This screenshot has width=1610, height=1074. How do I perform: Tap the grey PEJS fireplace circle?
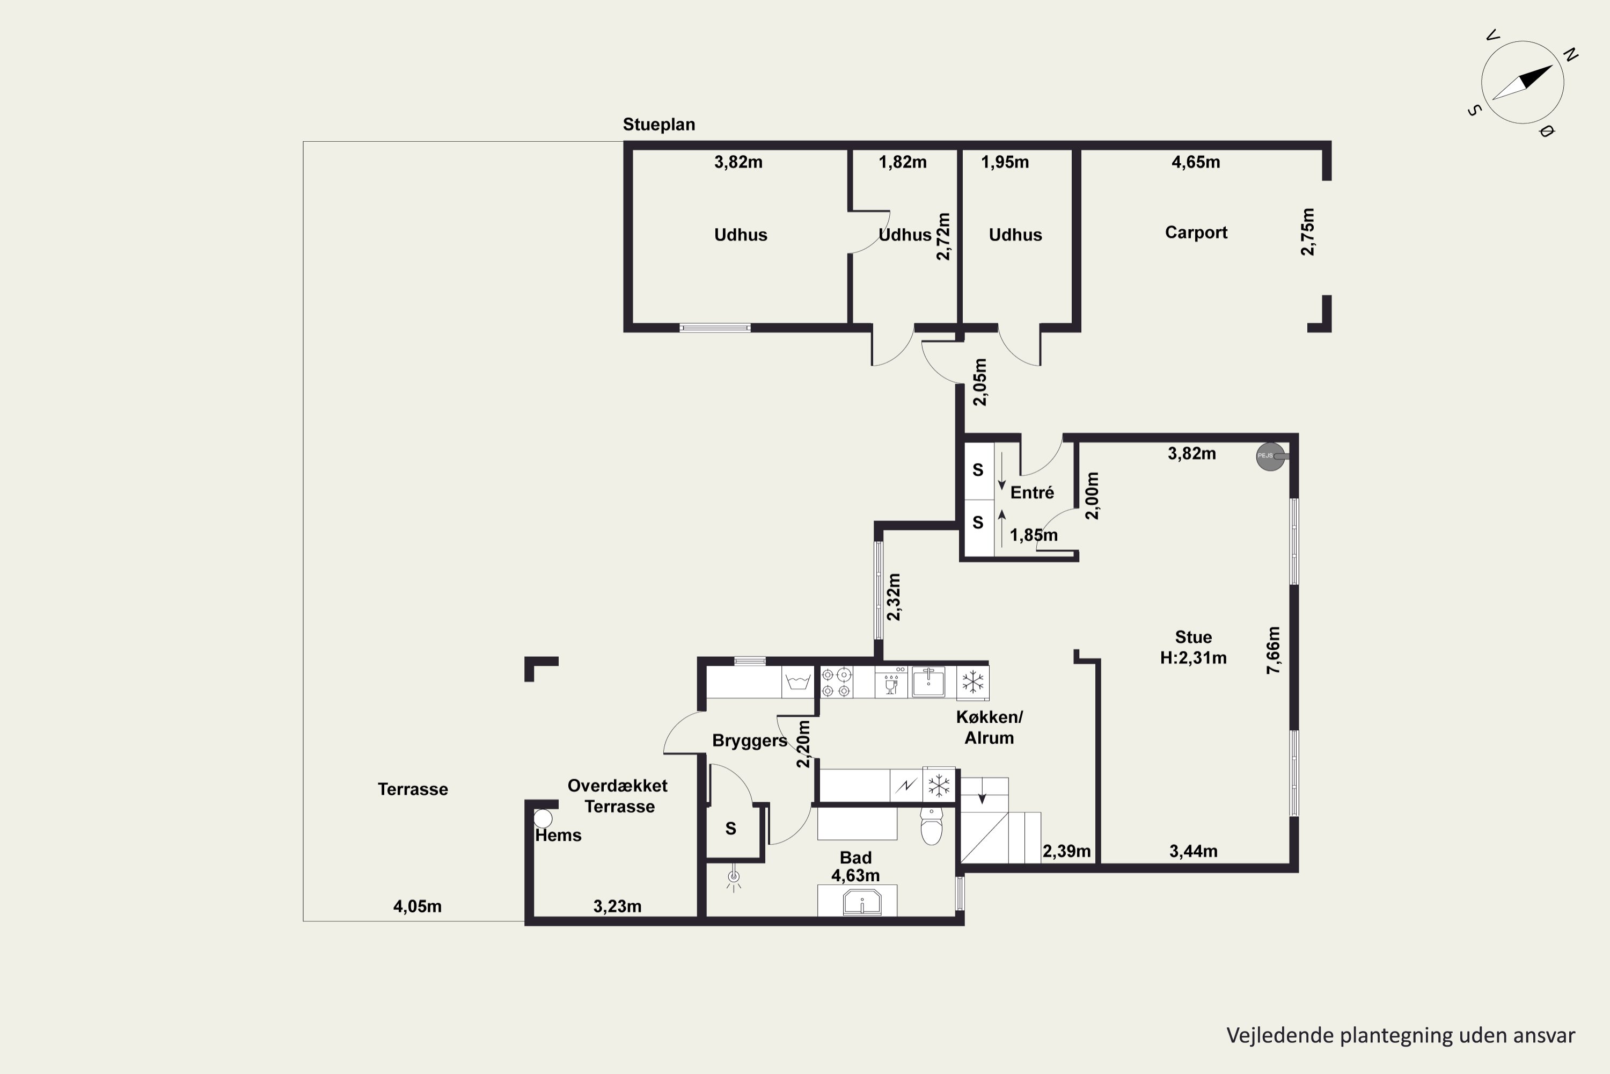pyautogui.click(x=1270, y=456)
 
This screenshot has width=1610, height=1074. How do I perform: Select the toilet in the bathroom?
pyautogui.click(x=931, y=825)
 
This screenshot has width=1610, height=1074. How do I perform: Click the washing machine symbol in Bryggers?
pyautogui.click(x=798, y=682)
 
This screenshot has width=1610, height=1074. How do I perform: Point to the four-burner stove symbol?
pyautogui.click(x=837, y=682)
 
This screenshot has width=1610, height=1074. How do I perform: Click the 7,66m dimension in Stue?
pyautogui.click(x=1272, y=650)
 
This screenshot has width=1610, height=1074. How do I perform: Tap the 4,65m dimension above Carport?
pyautogui.click(x=1195, y=162)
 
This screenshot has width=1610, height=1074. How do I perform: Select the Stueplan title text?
pyautogui.click(x=658, y=125)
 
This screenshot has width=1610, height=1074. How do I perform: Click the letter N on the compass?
pyautogui.click(x=1571, y=55)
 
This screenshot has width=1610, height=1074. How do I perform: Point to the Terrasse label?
pyautogui.click(x=413, y=789)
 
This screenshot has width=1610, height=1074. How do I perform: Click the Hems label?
pyautogui.click(x=559, y=836)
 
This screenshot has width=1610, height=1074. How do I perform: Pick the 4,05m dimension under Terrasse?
pyautogui.click(x=417, y=907)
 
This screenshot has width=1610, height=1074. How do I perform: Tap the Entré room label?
pyautogui.click(x=1032, y=492)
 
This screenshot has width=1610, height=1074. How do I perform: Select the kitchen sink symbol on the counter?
pyautogui.click(x=928, y=682)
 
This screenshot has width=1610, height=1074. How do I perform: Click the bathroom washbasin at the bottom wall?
pyautogui.click(x=861, y=902)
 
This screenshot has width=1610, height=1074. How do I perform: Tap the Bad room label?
pyautogui.click(x=855, y=858)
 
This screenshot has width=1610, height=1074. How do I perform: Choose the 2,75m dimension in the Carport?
pyautogui.click(x=1307, y=231)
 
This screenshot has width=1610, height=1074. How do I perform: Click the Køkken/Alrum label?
pyautogui.click(x=989, y=728)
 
